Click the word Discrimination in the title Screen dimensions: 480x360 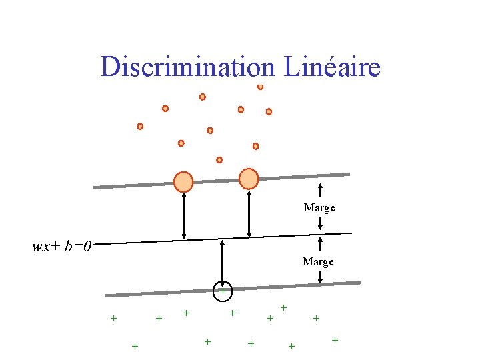tap(187, 67)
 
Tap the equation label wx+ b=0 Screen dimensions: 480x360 tap(62, 247)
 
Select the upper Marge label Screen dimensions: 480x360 tap(319, 208)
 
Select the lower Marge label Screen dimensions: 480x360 tap(318, 262)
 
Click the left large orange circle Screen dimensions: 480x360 tap(183, 181)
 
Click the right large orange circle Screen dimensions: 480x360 tap(248, 178)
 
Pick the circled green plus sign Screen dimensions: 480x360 tap(222, 290)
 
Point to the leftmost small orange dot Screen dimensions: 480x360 tap(140, 126)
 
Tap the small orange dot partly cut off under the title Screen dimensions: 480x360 tap(260, 87)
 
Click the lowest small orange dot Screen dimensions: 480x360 tap(219, 160)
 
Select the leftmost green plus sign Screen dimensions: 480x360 tap(113, 318)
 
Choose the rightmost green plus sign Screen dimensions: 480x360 tap(335, 341)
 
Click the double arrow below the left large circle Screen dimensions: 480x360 tap(184, 215)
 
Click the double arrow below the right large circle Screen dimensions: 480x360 tap(249, 213)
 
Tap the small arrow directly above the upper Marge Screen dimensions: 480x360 tap(320, 192)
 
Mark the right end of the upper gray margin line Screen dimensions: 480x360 tap(348, 175)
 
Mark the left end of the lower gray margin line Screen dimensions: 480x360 tap(107, 295)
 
